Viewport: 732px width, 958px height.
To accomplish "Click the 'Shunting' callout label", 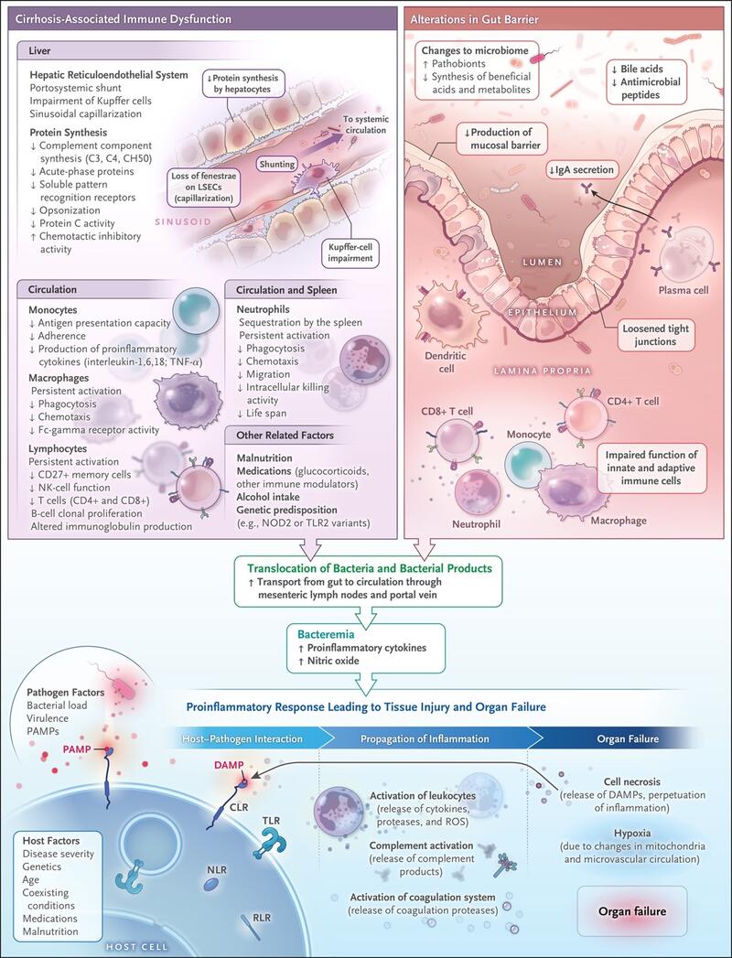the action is point(277,164).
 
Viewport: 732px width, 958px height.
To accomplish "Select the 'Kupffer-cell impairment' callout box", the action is point(350,253).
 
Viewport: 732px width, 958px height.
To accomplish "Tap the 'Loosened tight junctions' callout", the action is point(656,335).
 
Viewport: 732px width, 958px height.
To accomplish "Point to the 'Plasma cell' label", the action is point(684,290).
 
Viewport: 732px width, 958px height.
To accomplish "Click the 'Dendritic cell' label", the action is point(446,362).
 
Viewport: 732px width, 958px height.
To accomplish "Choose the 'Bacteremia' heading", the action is point(325,635).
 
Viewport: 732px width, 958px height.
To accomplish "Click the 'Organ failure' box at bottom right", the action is point(632,911).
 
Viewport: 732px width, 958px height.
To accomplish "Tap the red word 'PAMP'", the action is point(76,749).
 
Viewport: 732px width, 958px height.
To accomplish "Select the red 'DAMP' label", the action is point(229,765).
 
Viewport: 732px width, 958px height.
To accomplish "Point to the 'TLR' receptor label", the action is point(271,821).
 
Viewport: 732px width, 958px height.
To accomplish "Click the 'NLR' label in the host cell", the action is point(217,869).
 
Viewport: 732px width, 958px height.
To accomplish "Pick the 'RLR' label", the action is point(262,918).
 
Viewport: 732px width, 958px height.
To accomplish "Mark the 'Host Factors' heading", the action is point(51,841).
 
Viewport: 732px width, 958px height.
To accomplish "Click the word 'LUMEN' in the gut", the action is point(543,262).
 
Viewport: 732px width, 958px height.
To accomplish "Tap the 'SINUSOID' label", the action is point(183,221).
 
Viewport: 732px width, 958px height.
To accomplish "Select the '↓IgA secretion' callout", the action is point(580,170).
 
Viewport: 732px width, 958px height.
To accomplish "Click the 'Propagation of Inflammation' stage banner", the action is point(425,738).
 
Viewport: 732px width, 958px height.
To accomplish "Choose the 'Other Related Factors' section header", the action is point(285,435).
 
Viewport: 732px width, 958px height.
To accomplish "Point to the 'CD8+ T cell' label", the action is point(447,411).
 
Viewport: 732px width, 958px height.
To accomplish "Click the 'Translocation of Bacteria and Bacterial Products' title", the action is point(369,568).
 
